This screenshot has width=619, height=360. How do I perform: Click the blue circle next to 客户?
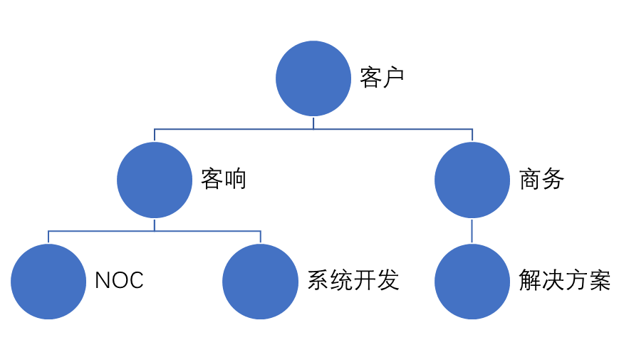point(313,78)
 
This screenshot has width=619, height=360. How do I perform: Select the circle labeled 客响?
point(155,180)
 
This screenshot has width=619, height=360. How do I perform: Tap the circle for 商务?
point(472,180)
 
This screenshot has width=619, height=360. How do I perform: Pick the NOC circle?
point(48,282)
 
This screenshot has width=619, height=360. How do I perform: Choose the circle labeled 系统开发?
point(260,282)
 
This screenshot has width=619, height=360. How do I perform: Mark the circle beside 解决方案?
point(472,282)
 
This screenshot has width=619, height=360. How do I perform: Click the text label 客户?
point(382,78)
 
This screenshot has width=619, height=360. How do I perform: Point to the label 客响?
point(223,179)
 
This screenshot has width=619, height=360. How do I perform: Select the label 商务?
point(541,179)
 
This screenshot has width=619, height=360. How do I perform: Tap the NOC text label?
point(119,281)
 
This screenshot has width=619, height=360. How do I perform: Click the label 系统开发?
point(353,280)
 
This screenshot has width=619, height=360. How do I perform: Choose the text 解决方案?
point(565,280)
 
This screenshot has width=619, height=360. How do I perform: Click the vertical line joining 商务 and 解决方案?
point(472,231)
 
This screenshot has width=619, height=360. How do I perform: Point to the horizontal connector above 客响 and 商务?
point(313,129)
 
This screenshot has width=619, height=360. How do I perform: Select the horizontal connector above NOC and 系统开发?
point(155,231)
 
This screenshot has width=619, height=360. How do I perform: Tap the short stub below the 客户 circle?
point(313,123)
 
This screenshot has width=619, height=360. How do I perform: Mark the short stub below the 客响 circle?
point(155,225)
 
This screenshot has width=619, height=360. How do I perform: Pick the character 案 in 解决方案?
point(600,280)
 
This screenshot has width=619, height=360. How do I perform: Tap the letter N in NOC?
point(103,281)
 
